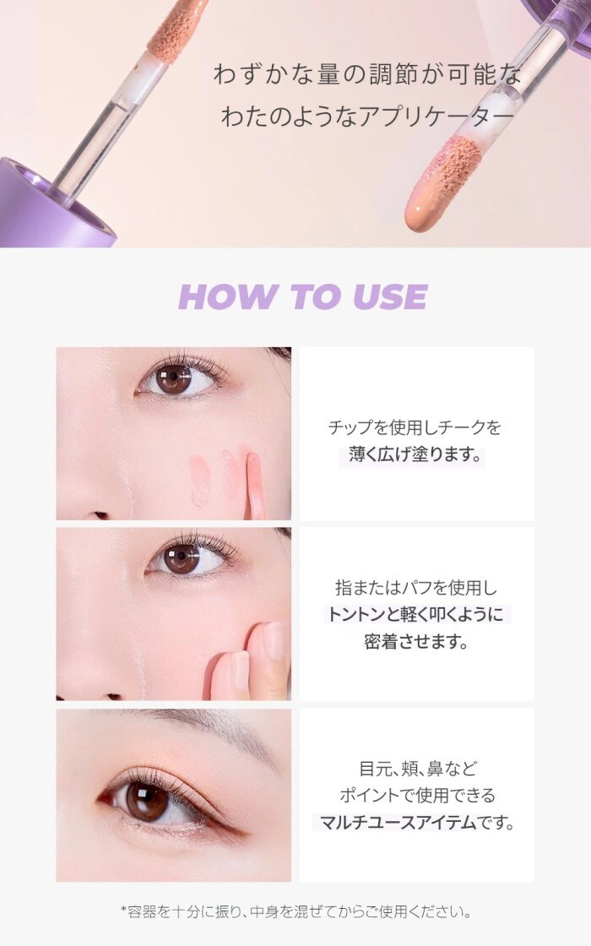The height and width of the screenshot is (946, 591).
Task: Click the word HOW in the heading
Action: [226, 296]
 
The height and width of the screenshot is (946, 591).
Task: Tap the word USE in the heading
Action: [390, 296]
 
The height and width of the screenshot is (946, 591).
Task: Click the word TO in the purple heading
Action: [313, 296]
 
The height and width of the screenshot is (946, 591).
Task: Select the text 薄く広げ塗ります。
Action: [416, 454]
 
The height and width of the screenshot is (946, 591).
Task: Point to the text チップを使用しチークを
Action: [415, 427]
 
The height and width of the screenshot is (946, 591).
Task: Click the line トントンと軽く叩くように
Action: [415, 614]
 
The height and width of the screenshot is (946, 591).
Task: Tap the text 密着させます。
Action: [416, 641]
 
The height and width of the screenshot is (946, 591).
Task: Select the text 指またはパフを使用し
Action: [416, 587]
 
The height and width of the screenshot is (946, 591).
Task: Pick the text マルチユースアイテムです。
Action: [417, 822]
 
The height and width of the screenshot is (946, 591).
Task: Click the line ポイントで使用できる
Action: [417, 795]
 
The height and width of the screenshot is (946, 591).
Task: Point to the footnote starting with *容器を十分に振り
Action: [295, 911]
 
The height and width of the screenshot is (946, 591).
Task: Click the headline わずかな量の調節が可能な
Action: [367, 75]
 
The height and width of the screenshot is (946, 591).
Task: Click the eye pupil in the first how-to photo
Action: [173, 379]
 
